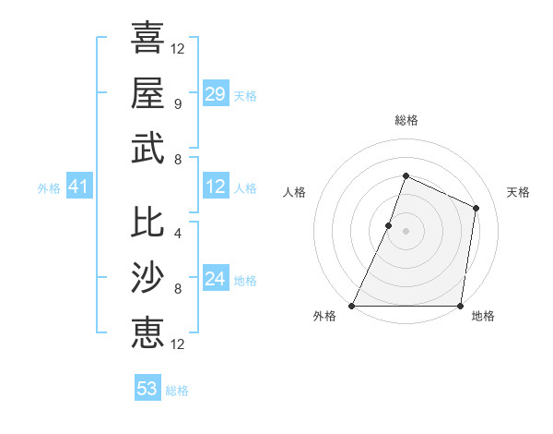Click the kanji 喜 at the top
tap(147, 38)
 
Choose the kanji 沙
tap(147, 276)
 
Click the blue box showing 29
tap(215, 94)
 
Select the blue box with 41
tap(78, 187)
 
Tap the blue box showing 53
tap(147, 389)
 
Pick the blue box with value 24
tap(215, 279)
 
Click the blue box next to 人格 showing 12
tap(215, 187)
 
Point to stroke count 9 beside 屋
tap(177, 103)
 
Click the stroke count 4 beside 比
tap(177, 233)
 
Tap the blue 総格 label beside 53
tap(177, 391)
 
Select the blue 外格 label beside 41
tap(49, 188)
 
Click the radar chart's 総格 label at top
tap(406, 120)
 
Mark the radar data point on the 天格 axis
tap(476, 208)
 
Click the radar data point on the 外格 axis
tap(352, 306)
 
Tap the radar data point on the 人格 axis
tap(389, 225)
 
